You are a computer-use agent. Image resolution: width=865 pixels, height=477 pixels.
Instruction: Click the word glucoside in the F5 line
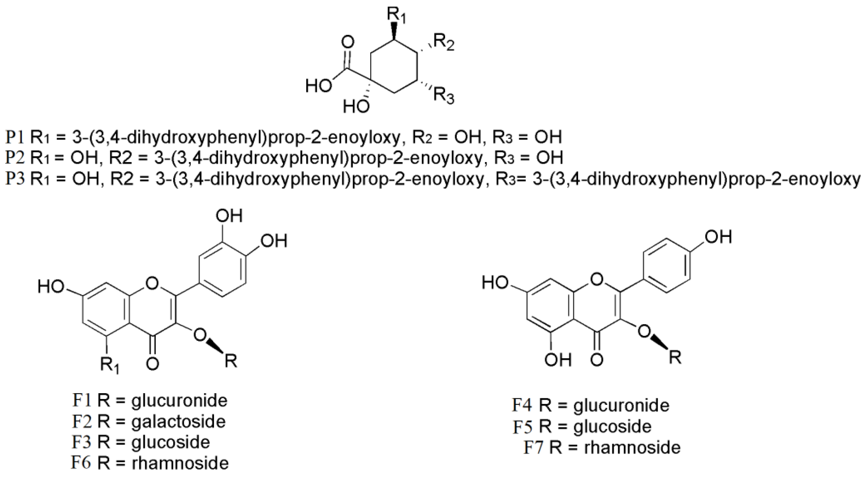pyautogui.click(x=612, y=426)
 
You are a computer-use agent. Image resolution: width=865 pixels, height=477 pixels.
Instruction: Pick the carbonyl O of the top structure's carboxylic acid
pyautogui.click(x=348, y=43)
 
